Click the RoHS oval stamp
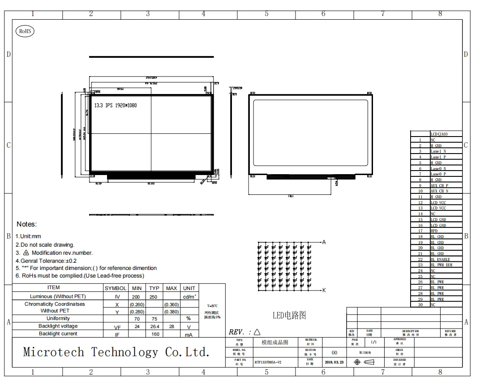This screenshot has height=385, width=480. [x=25, y=31]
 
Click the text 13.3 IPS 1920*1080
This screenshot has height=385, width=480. [x=116, y=106]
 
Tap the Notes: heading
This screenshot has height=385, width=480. [x=26, y=224]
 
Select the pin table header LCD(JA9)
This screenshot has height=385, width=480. [x=439, y=134]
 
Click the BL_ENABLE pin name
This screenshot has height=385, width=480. [x=440, y=259]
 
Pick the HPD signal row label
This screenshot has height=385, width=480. [x=434, y=231]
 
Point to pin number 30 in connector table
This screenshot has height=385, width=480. [x=420, y=304]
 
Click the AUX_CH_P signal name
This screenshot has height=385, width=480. [x=439, y=185]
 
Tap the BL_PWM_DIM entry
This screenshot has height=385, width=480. [x=441, y=265]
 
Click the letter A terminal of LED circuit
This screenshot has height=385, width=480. [x=324, y=242]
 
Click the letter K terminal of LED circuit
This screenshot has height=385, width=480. [x=324, y=290]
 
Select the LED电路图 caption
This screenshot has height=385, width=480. [x=289, y=315]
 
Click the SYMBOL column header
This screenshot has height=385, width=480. [x=115, y=288]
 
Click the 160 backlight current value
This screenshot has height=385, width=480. [x=155, y=334]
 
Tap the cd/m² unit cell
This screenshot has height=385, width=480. [x=189, y=296]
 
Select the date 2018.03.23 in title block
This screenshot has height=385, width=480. [x=334, y=362]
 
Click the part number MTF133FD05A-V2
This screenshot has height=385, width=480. [x=268, y=362]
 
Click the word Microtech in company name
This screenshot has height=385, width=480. [x=53, y=352]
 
